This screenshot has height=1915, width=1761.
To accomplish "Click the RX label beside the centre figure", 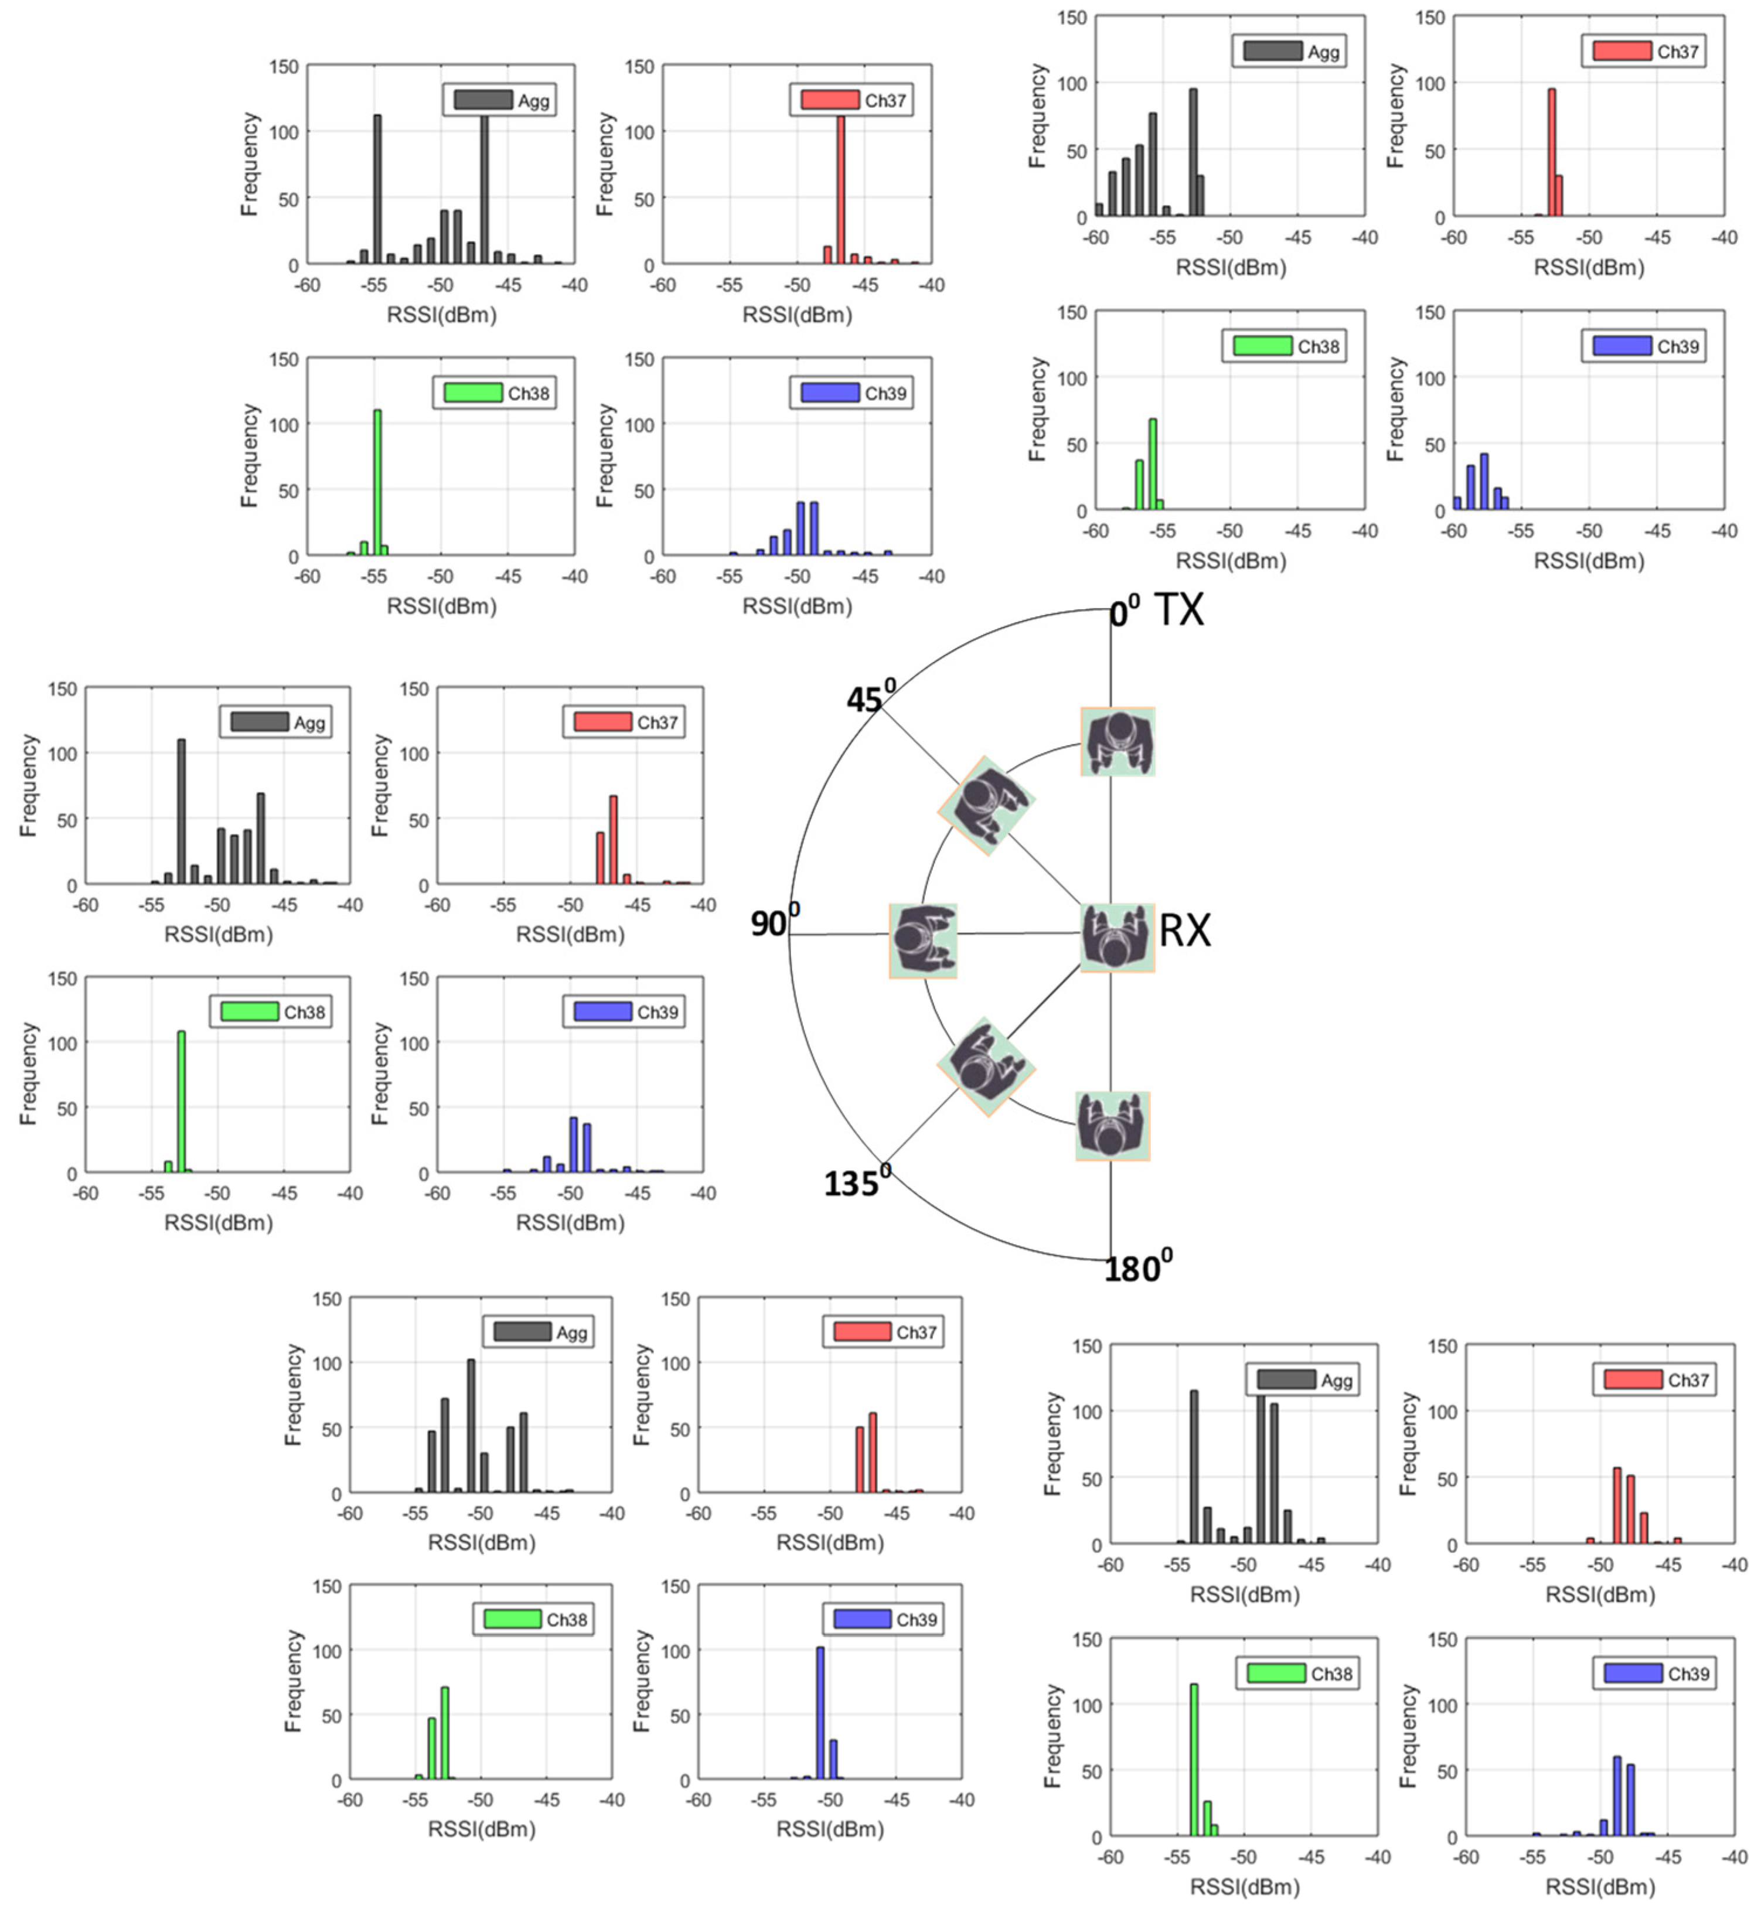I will pos(1184,930).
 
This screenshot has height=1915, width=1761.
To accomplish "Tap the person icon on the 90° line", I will pos(922,941).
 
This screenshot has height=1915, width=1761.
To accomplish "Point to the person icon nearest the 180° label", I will pos(1112,1126).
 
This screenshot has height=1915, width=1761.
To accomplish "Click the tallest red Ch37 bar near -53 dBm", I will pos(1551,152).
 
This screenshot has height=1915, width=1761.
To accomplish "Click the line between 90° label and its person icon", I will pos(839,935).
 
